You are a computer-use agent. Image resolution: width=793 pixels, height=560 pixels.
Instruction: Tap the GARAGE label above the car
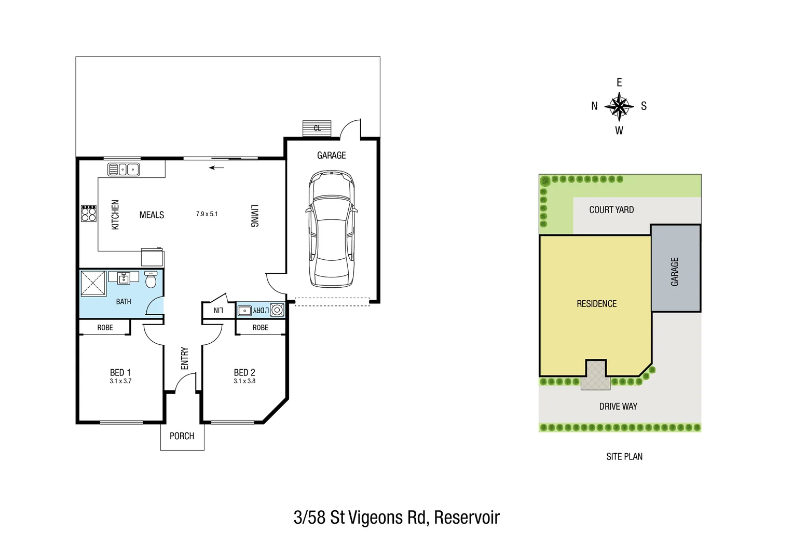click(331, 155)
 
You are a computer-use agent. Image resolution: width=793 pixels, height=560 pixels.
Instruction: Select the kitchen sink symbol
click(124, 169)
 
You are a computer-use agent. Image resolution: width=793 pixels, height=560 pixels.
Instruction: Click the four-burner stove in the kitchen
click(89, 214)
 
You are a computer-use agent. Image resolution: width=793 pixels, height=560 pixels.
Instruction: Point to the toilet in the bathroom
click(151, 280)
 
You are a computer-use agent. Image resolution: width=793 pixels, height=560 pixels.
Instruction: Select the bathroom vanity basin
click(124, 278)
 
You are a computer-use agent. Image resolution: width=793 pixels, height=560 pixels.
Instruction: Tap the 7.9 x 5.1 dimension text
click(207, 214)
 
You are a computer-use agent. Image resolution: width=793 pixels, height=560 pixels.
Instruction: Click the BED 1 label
click(120, 372)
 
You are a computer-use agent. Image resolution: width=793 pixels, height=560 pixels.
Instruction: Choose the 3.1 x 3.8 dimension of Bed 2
click(244, 381)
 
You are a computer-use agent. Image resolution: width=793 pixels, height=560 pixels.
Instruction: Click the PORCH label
click(182, 436)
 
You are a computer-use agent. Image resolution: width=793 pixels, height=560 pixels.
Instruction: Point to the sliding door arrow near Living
click(216, 167)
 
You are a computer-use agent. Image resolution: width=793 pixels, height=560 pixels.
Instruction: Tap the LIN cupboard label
click(218, 311)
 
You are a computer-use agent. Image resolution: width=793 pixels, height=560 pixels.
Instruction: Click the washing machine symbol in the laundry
click(277, 310)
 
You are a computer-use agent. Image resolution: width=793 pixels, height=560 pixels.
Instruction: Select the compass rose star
click(619, 106)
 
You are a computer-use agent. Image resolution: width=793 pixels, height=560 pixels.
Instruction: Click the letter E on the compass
click(619, 82)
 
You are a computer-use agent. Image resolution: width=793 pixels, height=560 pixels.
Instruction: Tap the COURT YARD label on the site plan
click(611, 209)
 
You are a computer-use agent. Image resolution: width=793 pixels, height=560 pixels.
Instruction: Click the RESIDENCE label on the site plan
click(596, 304)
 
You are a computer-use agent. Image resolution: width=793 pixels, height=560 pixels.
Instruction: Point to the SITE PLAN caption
click(624, 456)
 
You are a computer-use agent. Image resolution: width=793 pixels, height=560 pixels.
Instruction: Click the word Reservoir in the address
click(467, 517)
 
